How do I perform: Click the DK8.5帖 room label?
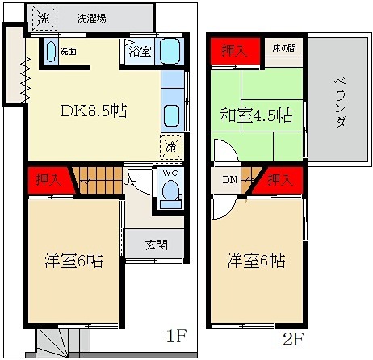pos(94,111)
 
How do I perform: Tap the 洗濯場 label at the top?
pos(91,19)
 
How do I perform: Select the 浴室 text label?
pos(140,51)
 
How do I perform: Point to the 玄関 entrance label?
pos(157,245)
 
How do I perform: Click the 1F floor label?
pos(176,336)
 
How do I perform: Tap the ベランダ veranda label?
pos(341,103)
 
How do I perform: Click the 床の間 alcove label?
pos(284,48)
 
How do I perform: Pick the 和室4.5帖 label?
pos(256,115)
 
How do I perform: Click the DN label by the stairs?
pos(230,180)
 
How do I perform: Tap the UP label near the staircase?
pos(130,180)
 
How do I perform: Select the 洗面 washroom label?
pos(68,52)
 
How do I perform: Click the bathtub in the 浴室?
pos(170,51)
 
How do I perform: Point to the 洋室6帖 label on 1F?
pos(73,260)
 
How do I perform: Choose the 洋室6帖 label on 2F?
pos(256,260)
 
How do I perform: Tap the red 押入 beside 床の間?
pos(235,51)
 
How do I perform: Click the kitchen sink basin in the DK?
pos(172,116)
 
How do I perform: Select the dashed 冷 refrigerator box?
pos(171,147)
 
